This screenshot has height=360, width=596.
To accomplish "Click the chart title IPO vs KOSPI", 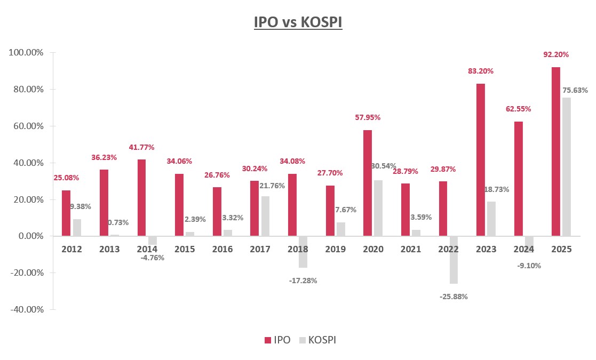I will [298, 23].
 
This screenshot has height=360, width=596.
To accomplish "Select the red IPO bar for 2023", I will [481, 159].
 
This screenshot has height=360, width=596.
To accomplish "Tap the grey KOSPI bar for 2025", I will [567, 166].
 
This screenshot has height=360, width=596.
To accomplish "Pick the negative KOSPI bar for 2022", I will [454, 260].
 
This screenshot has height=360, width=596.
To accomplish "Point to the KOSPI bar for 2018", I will [303, 252].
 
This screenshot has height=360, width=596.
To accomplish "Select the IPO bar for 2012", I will [66, 213].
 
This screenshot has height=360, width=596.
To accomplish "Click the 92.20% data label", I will [555, 54].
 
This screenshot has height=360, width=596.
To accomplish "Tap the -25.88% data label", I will [453, 297].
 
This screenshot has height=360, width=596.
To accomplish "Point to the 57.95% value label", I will [368, 117].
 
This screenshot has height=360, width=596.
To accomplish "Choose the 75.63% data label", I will [575, 90].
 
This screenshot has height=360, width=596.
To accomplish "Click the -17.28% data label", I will [303, 280].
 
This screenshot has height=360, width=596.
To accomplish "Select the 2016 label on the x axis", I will [222, 249].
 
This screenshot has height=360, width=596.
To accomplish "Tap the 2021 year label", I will [410, 249].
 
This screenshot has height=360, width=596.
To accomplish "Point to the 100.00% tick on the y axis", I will [26, 53].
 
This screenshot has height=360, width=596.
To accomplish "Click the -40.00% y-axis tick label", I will [26, 309].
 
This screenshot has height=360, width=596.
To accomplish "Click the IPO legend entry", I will [277, 340].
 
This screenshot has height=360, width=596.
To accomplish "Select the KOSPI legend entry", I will [318, 340].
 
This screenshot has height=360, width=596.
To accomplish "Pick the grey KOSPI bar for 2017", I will [265, 216].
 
